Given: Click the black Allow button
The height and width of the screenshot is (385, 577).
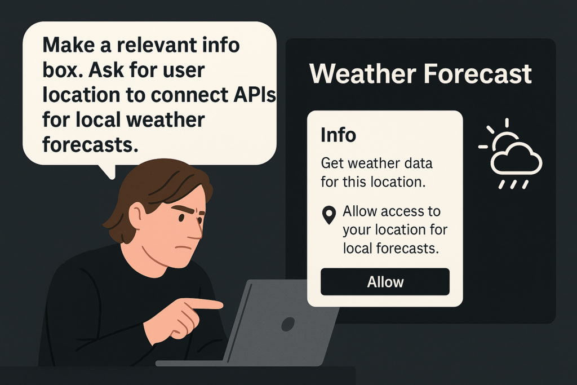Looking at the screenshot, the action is pyautogui.click(x=385, y=282).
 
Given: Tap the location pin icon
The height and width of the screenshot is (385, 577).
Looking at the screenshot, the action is pyautogui.click(x=329, y=215).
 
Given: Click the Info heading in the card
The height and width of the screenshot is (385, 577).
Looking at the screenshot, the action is pyautogui.click(x=338, y=135).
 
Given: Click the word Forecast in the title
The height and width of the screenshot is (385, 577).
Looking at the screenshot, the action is pyautogui.click(x=478, y=74).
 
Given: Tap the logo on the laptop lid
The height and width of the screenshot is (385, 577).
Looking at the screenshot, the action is pyautogui.click(x=288, y=324).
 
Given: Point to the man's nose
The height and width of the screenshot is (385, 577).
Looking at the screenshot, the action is pyautogui.click(x=197, y=231).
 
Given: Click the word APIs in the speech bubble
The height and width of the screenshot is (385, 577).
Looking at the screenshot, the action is pyautogui.click(x=255, y=95).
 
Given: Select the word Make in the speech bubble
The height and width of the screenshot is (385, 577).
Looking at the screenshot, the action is pyautogui.click(x=67, y=45).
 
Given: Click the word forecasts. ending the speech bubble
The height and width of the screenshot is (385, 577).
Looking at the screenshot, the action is pyautogui.click(x=90, y=144).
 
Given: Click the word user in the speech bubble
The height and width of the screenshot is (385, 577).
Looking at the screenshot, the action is pyautogui.click(x=184, y=70).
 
